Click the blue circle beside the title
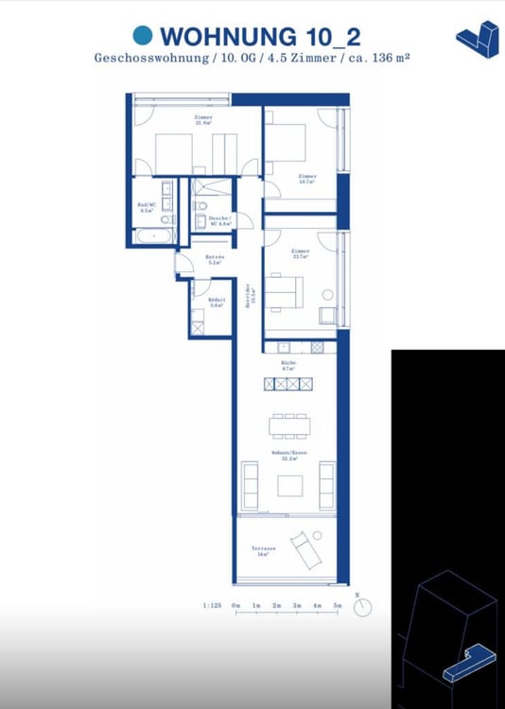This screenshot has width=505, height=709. pos(143,36)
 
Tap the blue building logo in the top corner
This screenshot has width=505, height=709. pos(477,39)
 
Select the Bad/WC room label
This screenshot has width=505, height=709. pos(147,208)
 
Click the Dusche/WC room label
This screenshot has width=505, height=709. pos(219,220)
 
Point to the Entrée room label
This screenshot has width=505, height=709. pos(215,260)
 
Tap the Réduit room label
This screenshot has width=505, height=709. pos(216,303)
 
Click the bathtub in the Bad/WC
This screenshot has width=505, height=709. pos(153,234)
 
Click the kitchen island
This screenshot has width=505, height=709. pos(287,384)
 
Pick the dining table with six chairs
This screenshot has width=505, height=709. pos(288,426)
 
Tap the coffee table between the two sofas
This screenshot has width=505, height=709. pos(289,485)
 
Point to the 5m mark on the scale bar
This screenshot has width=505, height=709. pos(337,604)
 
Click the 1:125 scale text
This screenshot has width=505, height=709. pos(213,604)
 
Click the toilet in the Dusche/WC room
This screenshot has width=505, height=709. pos(200,221)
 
